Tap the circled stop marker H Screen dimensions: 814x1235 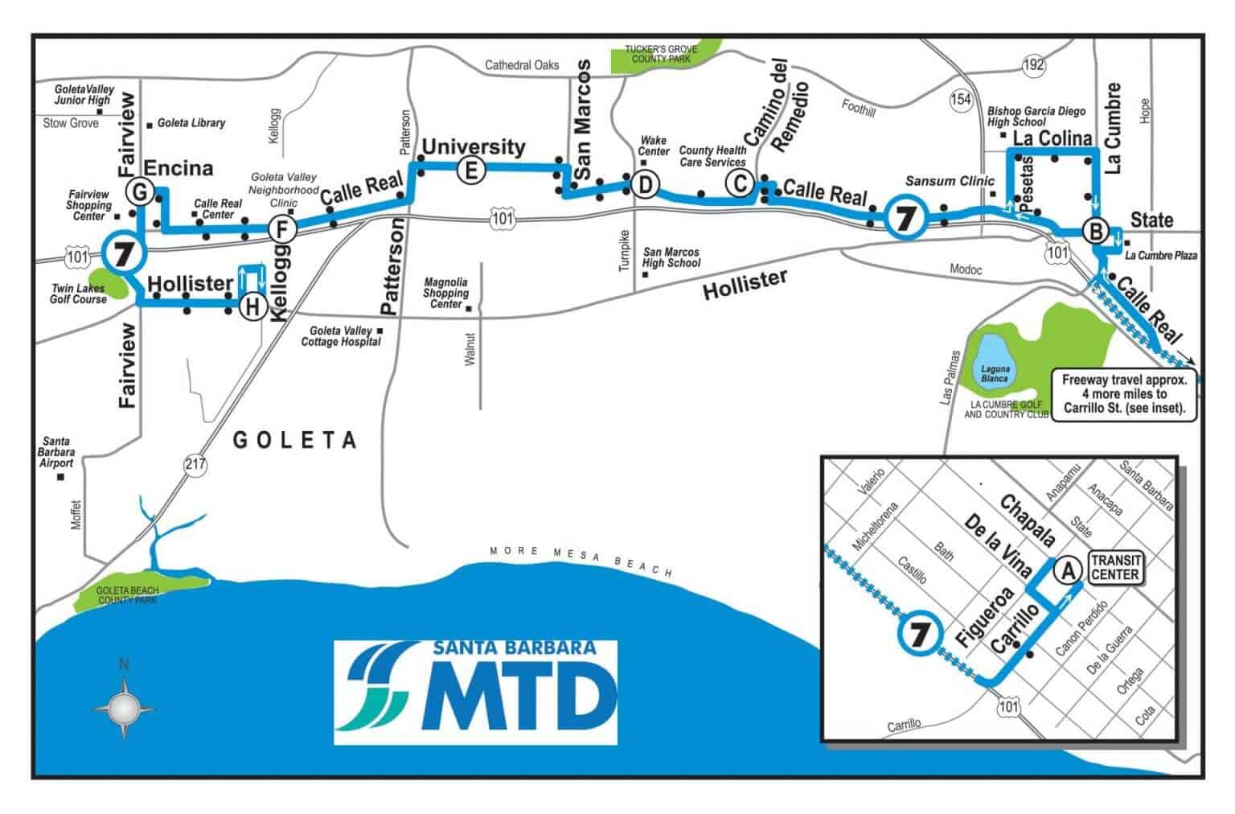click(x=252, y=306)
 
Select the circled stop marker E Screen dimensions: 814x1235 click(x=470, y=170)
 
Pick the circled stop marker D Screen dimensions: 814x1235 click(x=643, y=185)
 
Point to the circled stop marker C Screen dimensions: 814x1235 click(x=738, y=183)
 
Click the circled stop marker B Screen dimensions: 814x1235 click(x=1094, y=232)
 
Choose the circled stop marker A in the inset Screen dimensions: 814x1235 click(x=1068, y=570)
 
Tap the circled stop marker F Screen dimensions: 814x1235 click(x=281, y=229)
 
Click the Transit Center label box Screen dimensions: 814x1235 click(x=1114, y=566)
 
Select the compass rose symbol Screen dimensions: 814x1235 click(x=124, y=708)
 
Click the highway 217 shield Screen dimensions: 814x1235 click(x=195, y=464)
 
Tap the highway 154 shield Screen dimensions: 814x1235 click(x=961, y=98)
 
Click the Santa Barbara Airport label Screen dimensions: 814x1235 click(x=57, y=452)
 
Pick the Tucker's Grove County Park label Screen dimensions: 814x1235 click(x=661, y=54)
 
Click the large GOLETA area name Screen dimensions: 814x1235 click(x=294, y=439)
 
